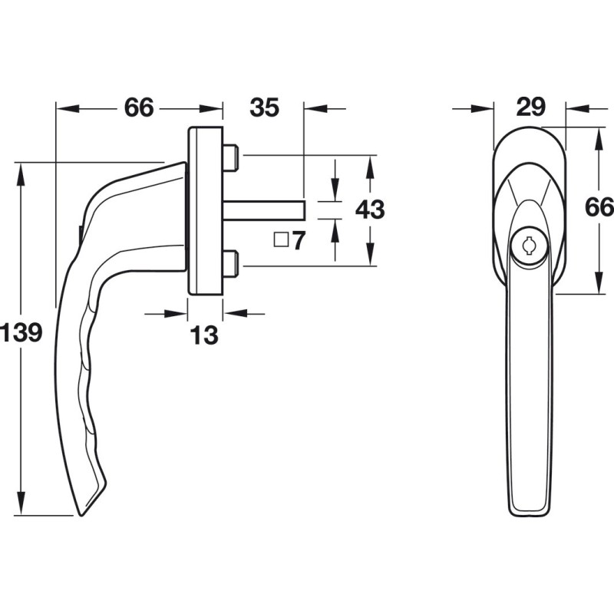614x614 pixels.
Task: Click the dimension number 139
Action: [x=21, y=333]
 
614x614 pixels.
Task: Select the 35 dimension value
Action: [x=264, y=107]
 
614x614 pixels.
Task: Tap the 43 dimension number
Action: [x=370, y=210]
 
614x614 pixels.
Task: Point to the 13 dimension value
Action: [x=204, y=335]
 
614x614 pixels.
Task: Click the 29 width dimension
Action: [x=530, y=106]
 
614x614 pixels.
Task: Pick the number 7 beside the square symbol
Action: [x=299, y=240]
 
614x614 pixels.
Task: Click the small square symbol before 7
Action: [x=281, y=239]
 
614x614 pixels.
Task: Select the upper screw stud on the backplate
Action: [x=231, y=157]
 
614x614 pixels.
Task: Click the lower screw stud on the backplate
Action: [x=231, y=263]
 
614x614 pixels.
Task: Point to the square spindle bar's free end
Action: [x=304, y=210]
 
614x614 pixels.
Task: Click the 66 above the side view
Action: [x=139, y=107]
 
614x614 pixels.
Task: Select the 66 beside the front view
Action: [x=599, y=206]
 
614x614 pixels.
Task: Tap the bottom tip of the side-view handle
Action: [x=81, y=514]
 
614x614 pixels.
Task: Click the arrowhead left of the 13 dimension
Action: [x=176, y=314]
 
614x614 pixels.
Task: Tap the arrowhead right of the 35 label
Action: [x=315, y=108]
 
